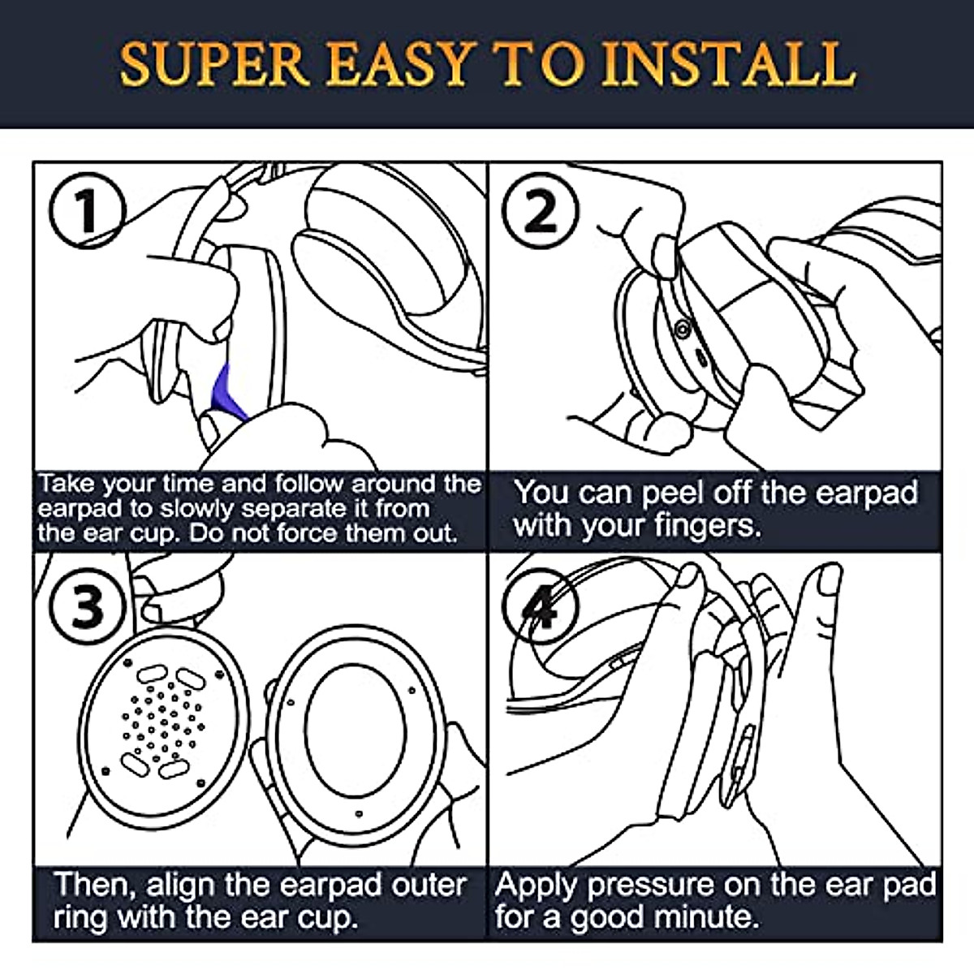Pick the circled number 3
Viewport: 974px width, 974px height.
(x=87, y=606)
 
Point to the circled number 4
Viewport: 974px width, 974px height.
(x=540, y=606)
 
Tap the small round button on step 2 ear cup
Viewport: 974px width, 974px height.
(x=683, y=330)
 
